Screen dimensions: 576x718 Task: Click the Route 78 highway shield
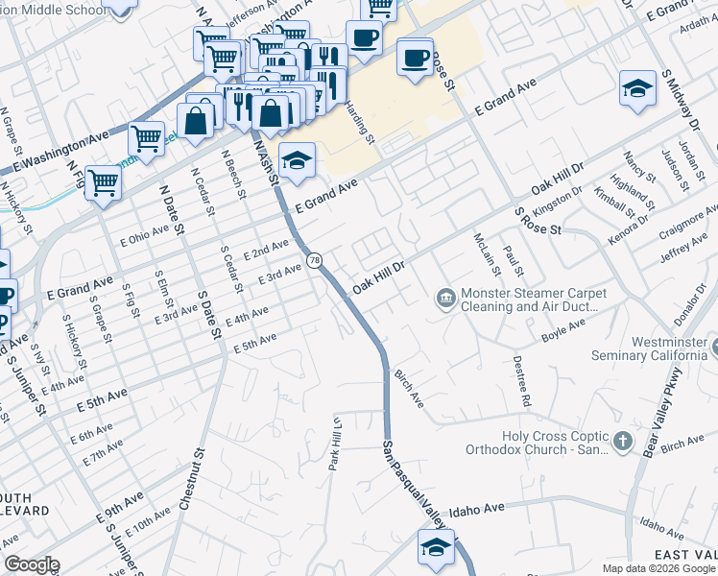click(314, 260)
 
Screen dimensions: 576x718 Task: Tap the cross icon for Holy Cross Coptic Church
click(623, 441)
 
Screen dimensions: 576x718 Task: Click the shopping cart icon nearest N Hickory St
click(103, 182)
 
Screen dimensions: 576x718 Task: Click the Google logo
click(32, 564)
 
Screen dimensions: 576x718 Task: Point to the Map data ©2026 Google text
click(658, 568)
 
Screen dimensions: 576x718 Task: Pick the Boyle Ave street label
click(562, 332)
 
